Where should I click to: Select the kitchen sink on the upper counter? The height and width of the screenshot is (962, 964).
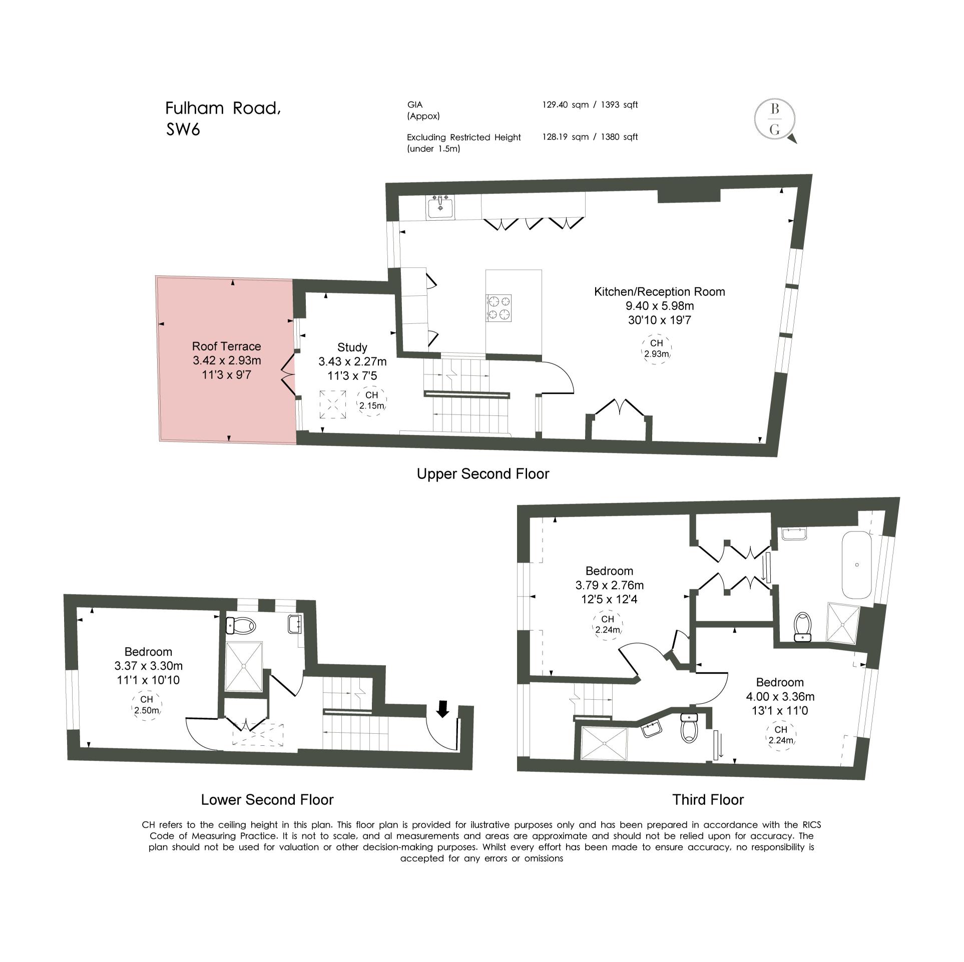441,207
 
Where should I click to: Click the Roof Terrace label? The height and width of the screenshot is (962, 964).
227,346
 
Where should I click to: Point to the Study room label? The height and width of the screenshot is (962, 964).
352,347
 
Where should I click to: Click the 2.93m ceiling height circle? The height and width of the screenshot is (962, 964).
657,348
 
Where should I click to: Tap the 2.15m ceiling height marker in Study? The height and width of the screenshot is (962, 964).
372,401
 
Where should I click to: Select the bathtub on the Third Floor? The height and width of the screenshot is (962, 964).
857,565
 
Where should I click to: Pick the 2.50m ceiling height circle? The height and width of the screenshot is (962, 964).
146,705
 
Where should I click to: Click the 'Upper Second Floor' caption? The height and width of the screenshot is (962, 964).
483,473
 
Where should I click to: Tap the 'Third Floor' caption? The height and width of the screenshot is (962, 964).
708,800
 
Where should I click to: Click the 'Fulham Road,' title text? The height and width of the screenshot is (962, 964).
223,109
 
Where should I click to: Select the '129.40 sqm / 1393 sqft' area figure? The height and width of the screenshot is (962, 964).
590,105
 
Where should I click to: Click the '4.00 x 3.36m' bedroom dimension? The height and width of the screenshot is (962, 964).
780,696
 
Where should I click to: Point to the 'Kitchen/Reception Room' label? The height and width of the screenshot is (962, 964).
659,292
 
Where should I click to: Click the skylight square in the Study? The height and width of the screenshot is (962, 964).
333,404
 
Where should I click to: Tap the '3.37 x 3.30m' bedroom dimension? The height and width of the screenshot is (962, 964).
149,666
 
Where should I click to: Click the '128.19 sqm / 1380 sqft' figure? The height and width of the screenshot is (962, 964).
590,137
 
